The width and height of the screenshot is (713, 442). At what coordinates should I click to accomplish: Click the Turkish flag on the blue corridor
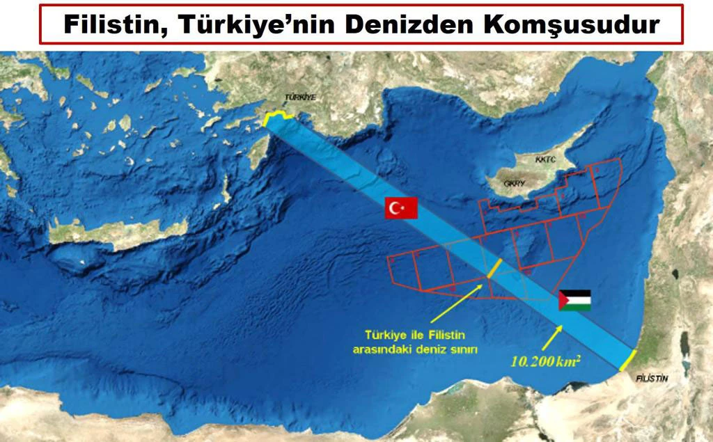coord(401,207)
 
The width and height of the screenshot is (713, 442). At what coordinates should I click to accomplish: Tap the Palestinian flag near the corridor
coord(574,300)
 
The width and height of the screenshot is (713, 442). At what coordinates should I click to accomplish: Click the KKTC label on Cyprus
coord(546,159)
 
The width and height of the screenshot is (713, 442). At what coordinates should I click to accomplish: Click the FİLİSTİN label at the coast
coord(652,378)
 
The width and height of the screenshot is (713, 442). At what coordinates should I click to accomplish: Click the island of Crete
coord(118,232)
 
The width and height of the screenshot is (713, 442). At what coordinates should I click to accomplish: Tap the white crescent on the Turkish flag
coord(395,207)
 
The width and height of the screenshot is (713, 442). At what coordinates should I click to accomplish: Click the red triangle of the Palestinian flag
coord(563,300)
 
